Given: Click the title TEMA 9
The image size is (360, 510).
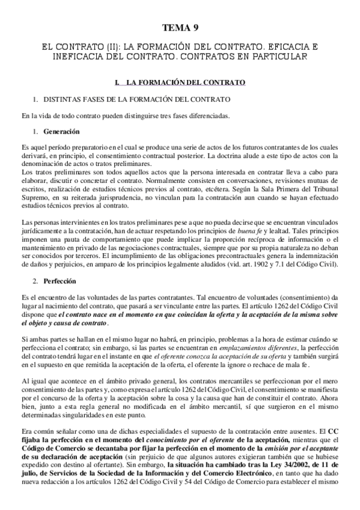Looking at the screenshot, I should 180,28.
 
